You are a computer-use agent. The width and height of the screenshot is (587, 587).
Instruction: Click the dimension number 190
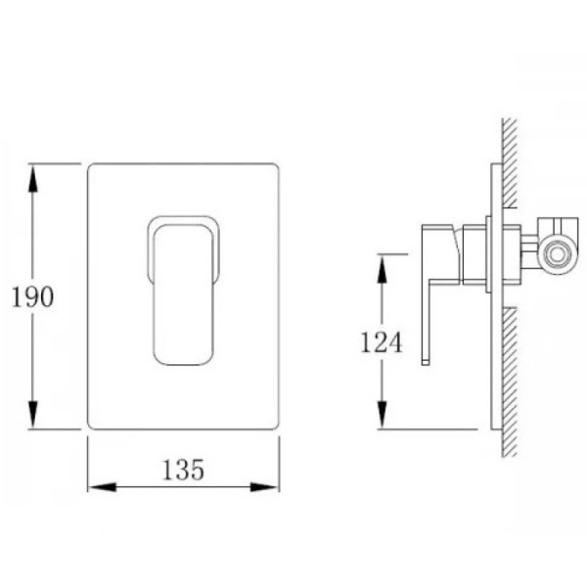pos(33,296)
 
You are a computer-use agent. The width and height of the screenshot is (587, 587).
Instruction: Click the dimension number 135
pos(184,470)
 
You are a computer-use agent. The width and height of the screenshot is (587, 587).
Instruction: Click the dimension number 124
pos(382,342)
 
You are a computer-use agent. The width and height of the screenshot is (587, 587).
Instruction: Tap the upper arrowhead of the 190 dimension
pos(33,179)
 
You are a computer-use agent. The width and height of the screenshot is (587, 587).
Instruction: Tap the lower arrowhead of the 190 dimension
pos(33,415)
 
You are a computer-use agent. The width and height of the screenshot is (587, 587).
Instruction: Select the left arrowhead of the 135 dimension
pos(102,487)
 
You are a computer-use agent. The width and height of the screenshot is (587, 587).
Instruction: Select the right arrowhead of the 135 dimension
pos(265,487)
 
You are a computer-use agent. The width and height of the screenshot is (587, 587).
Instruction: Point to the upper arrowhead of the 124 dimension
pos(382,269)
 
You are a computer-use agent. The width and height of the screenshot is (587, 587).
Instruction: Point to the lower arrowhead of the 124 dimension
pos(382,415)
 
